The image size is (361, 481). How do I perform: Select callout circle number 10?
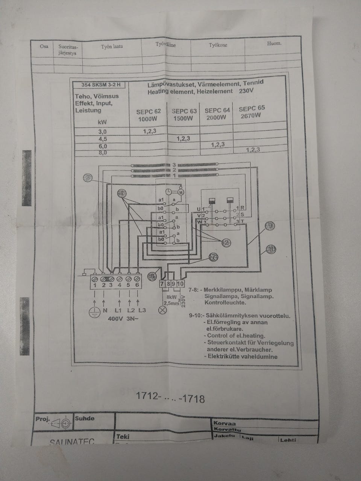271,248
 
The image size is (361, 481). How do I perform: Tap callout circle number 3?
88,177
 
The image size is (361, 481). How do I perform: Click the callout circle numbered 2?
226,243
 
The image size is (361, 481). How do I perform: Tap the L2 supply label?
130,310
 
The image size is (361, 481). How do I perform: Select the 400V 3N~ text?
120,319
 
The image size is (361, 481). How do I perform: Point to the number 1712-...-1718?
170,398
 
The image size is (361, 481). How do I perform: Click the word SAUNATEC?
72,442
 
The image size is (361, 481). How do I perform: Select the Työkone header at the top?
218,45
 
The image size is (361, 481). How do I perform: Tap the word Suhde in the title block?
85,418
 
